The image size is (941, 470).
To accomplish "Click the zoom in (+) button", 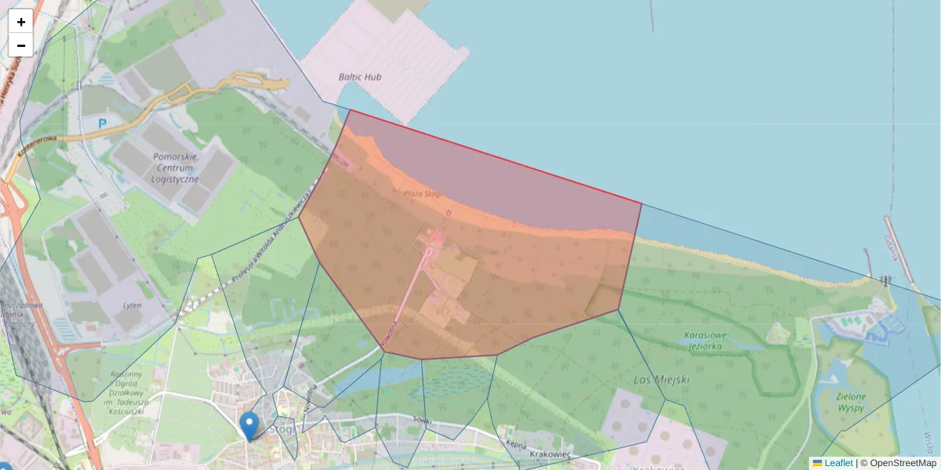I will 21,21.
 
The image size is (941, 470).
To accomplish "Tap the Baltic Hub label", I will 360,77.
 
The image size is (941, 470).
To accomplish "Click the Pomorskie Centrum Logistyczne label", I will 176,168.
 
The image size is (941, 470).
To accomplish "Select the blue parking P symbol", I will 102,123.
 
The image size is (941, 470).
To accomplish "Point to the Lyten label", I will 133,305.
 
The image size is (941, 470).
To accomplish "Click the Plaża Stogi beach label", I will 423,193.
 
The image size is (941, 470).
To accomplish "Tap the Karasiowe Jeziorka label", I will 707,340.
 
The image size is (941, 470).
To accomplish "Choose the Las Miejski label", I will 661,380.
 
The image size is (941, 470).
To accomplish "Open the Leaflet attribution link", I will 838,463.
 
